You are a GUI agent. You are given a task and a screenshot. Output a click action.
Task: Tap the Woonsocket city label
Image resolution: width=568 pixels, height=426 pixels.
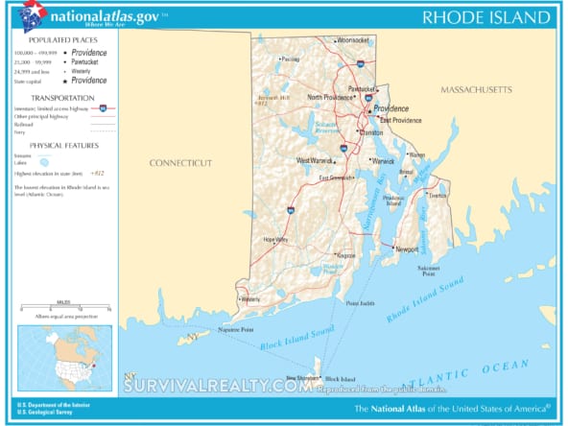[352, 40]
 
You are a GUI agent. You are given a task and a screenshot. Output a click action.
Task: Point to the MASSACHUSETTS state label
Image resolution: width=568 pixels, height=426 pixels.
[476, 89]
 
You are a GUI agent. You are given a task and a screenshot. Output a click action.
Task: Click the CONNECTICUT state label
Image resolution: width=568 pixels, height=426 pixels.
[180, 163]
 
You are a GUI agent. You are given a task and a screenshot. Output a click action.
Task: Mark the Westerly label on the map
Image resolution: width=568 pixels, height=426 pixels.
[251, 298]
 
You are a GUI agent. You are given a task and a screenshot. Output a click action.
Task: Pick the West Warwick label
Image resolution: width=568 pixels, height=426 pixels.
[315, 160]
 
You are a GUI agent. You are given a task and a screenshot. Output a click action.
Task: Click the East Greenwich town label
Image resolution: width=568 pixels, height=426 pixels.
[337, 177]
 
